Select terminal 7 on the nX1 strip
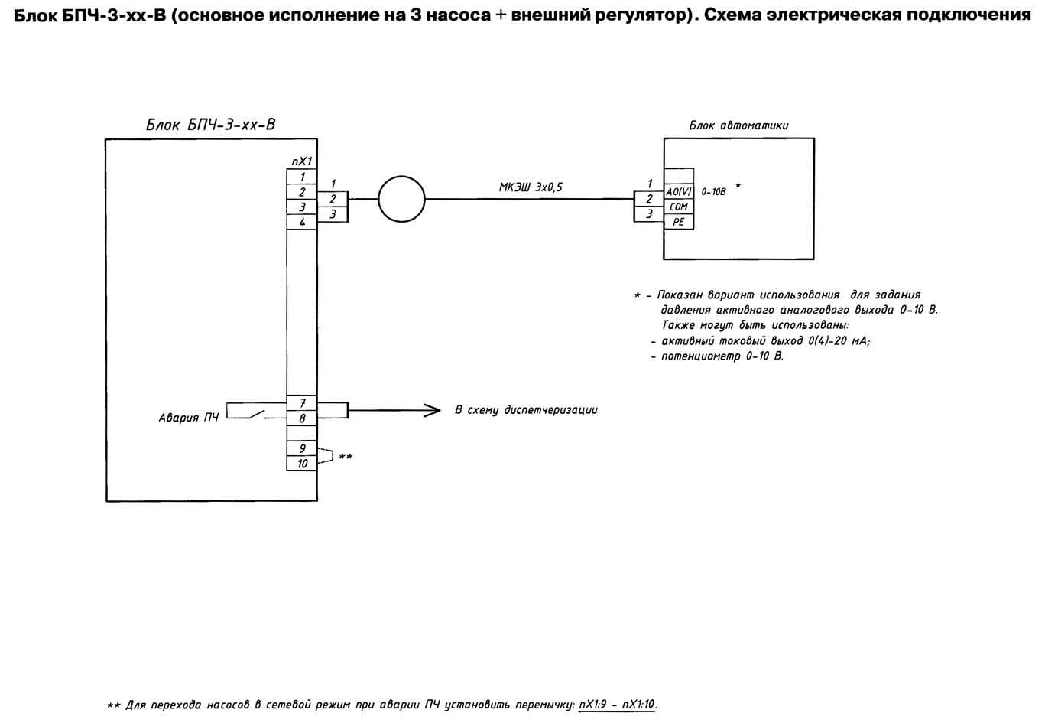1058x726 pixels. (302, 402)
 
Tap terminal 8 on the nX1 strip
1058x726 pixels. (302, 418)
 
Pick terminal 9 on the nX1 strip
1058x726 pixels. (302, 448)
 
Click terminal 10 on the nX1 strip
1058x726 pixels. (302, 463)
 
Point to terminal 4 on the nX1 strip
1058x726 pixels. (302, 222)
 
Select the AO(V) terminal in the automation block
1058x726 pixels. (679, 191)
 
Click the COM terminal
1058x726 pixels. (679, 207)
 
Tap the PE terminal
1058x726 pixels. (679, 222)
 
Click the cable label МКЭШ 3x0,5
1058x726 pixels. (531, 187)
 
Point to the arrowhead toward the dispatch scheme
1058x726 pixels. (432, 410)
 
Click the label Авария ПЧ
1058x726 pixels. (189, 418)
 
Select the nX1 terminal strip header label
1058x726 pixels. (302, 161)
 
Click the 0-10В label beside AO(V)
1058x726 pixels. (713, 192)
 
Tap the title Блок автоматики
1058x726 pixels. (738, 125)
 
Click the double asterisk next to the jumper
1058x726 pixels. (346, 457)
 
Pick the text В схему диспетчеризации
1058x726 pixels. (526, 410)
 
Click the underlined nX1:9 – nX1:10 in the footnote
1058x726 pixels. (617, 705)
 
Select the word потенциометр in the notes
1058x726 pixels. (700, 356)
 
